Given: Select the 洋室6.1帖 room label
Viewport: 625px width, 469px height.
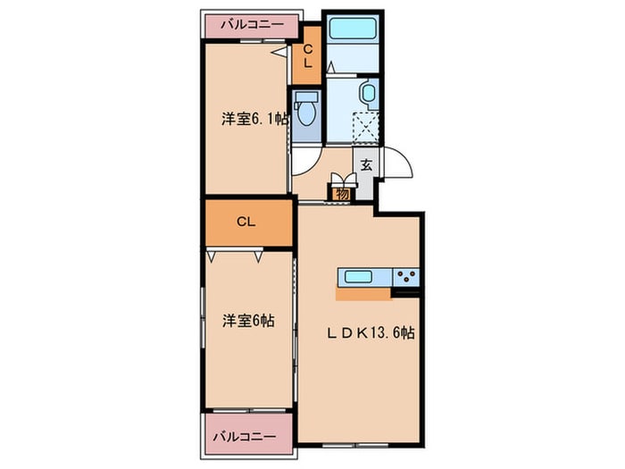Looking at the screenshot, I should point(254,118).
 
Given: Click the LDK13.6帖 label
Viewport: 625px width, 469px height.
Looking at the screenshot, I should point(369,332).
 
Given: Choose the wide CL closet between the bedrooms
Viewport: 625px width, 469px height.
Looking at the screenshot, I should point(246,222).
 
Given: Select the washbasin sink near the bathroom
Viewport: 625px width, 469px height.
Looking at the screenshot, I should point(366,95).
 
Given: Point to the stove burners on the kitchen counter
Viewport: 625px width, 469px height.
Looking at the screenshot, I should point(405,275).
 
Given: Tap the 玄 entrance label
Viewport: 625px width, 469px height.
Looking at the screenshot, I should point(367,163).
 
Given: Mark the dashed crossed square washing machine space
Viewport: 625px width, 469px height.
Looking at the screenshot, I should point(366,127).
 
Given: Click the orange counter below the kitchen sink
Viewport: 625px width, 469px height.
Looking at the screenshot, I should point(363,292).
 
